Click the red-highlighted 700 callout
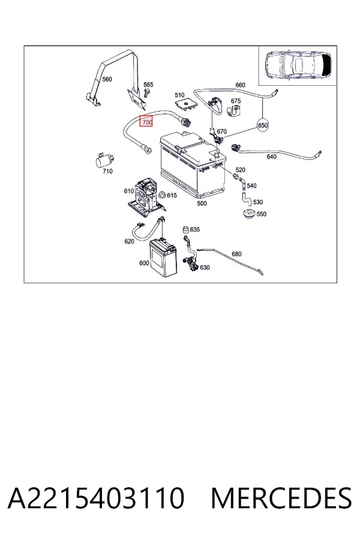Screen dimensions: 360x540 coord(146,122)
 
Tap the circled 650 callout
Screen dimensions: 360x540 coord(263,125)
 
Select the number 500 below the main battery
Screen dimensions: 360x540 coord(202,203)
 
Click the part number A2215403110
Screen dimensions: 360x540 coord(96,498)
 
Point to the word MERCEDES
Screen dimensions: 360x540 coord(281,498)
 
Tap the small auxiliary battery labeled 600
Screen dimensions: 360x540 coord(163,258)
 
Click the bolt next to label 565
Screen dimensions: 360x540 coord(145,93)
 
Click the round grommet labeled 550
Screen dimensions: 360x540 coord(248,214)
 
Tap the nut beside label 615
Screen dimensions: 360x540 coord(161,195)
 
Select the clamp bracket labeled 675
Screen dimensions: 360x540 coord(234,111)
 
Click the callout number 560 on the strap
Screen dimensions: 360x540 coord(107,79)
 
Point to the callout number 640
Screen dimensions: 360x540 coord(271,157)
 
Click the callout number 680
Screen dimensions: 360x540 coord(236,254)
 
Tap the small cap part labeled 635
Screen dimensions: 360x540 coord(185,229)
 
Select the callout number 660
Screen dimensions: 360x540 coord(240,85)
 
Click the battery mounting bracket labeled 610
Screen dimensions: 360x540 coord(146,198)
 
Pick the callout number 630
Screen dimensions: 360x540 coord(205,267)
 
